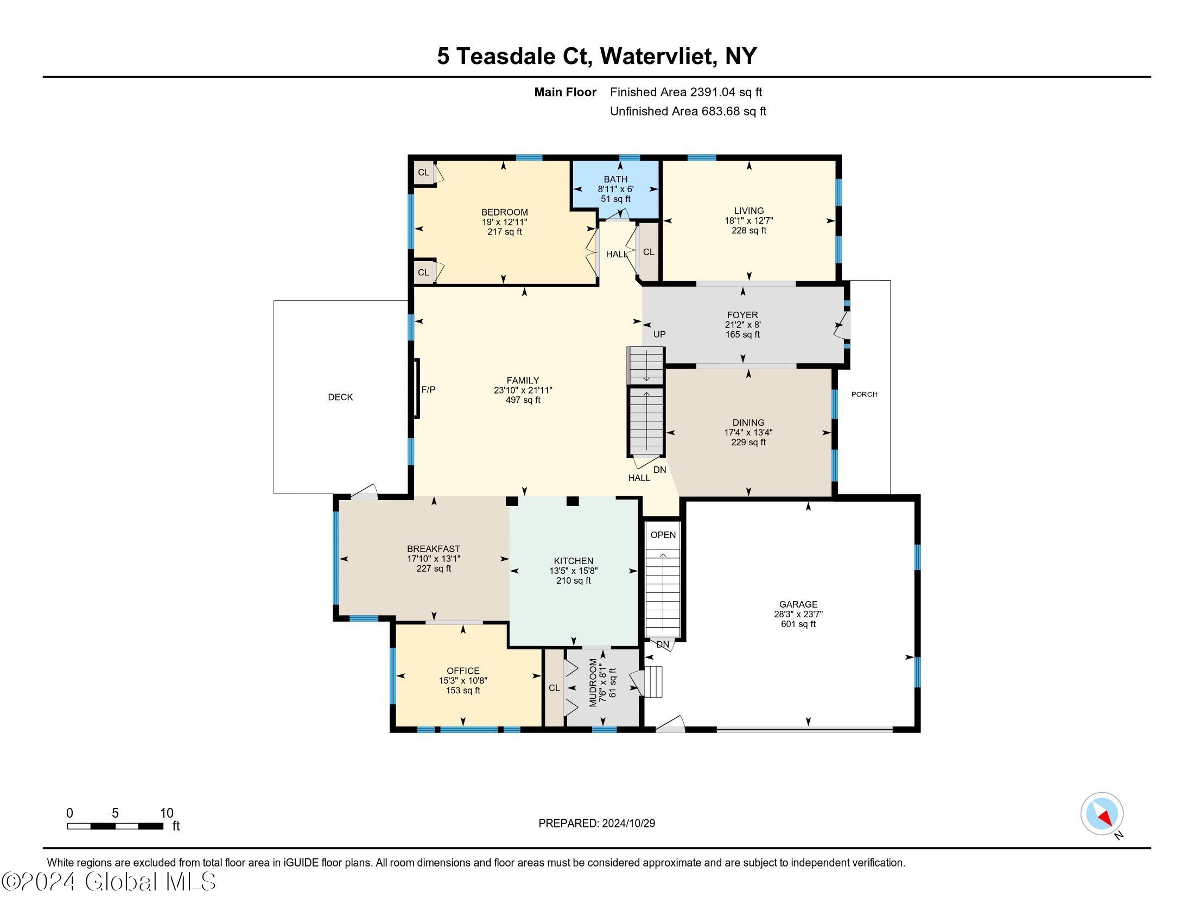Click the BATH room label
point(615,179)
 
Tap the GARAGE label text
point(798,604)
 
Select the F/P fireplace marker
point(428,390)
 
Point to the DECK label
point(340,397)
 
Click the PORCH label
point(865,394)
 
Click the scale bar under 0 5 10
point(116,826)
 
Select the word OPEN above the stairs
point(663,535)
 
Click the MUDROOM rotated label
point(593,682)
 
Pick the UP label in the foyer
point(659,334)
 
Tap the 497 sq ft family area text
point(523,400)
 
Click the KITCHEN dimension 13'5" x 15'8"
point(574,571)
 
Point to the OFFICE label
point(463,671)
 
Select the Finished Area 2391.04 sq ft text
point(686,92)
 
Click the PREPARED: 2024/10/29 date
point(596,824)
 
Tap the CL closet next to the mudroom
point(554,688)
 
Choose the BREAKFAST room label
point(434,549)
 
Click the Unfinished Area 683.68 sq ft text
point(688,111)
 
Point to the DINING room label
point(748,422)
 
